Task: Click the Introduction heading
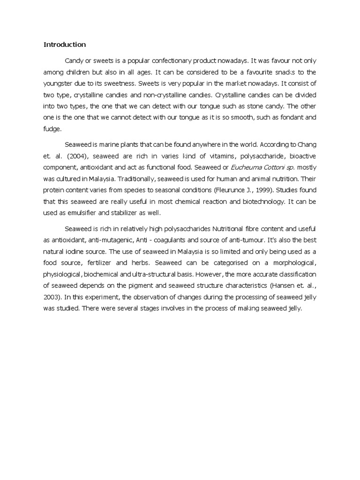click(65, 45)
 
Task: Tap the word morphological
click(292, 262)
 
